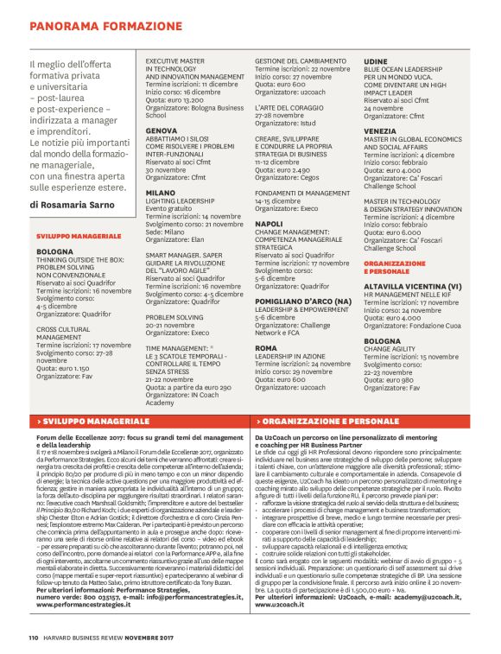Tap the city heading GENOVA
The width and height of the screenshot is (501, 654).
(162, 130)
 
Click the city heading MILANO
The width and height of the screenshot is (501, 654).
(160, 193)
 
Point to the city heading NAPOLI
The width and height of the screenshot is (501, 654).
(270, 224)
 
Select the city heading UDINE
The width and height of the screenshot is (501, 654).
(376, 62)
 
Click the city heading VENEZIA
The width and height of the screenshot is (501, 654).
(381, 130)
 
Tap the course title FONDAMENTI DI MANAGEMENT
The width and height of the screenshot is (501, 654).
(302, 193)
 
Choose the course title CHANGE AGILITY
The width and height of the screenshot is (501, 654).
(393, 349)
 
